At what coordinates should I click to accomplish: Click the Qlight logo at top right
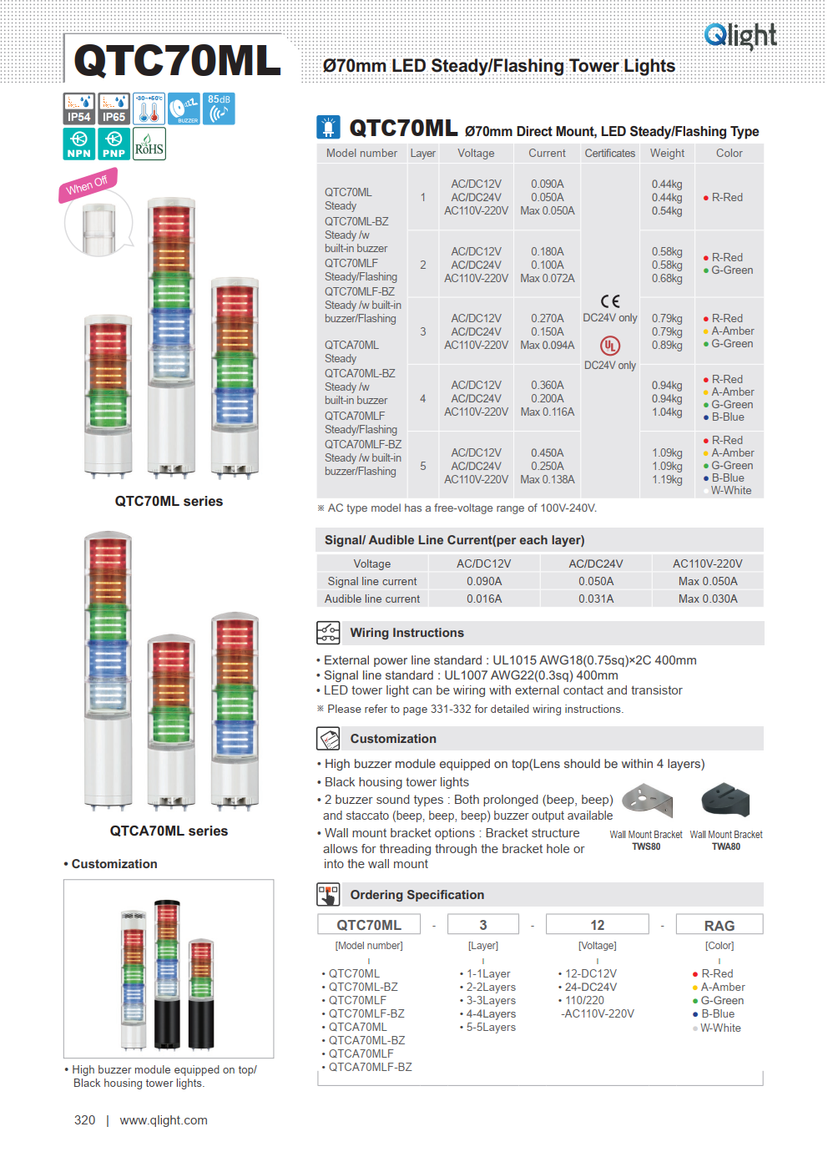(740, 35)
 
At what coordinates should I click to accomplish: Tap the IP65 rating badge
(114, 109)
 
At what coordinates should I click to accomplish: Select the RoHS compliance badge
(149, 144)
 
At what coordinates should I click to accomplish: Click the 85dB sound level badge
(219, 109)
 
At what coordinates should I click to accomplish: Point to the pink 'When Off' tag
(87, 184)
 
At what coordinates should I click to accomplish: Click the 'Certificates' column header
(609, 154)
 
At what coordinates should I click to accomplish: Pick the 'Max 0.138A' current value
(547, 480)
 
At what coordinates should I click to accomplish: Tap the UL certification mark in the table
(610, 345)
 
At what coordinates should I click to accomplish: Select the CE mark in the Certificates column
(610, 301)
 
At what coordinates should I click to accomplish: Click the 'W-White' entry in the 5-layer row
(730, 491)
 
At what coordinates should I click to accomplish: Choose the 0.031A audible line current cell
(596, 599)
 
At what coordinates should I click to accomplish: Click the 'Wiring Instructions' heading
(406, 633)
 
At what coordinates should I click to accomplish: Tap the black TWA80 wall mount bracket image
(725, 800)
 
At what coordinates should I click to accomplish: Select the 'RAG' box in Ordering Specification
(719, 926)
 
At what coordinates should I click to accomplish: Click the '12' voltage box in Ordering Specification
(597, 925)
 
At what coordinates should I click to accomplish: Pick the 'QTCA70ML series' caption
(169, 831)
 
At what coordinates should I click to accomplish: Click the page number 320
(84, 1120)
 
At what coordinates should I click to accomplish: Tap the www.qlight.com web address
(164, 1120)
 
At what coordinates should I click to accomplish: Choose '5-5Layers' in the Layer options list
(491, 1028)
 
